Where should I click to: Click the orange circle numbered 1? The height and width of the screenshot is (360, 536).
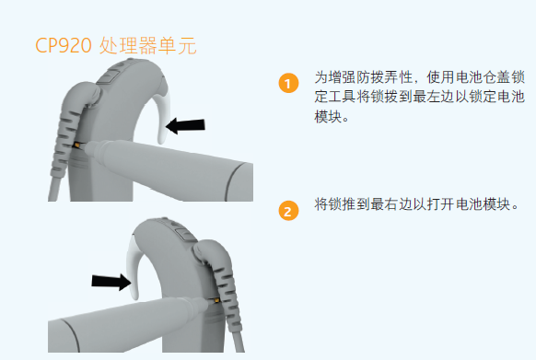click(x=289, y=84)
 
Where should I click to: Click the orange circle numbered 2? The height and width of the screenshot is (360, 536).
click(x=289, y=211)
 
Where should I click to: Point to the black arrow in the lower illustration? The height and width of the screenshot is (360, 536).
click(x=111, y=279)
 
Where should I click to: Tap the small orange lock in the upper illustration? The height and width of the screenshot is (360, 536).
click(x=77, y=145)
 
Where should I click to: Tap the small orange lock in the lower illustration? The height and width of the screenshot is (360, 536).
click(x=216, y=299)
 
